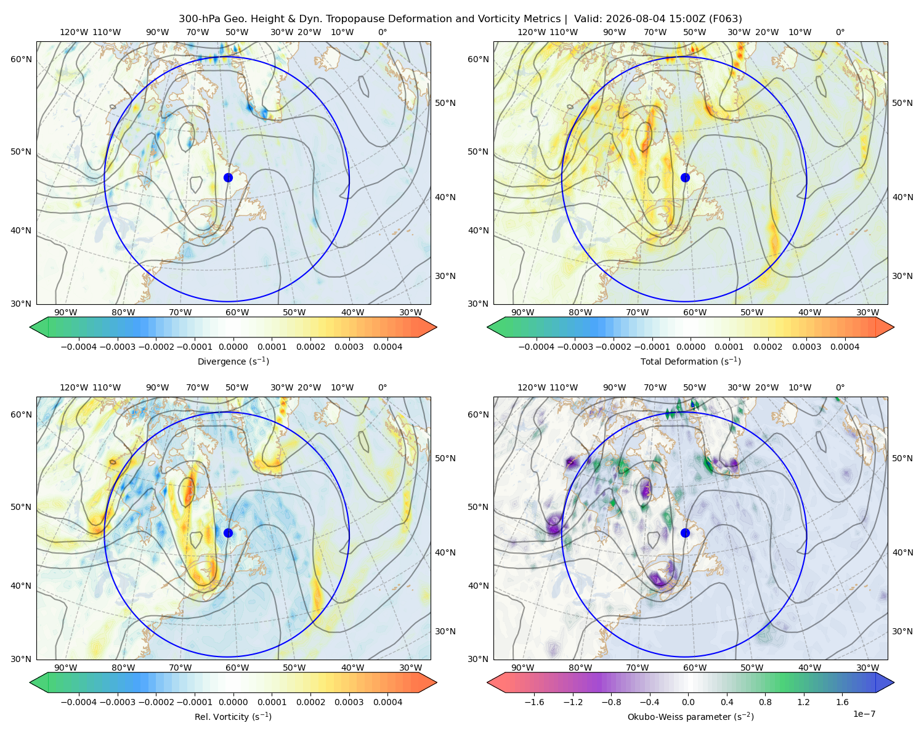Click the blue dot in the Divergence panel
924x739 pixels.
(x=228, y=177)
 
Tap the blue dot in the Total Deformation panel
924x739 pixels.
(x=685, y=177)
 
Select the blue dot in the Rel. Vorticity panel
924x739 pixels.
(x=228, y=533)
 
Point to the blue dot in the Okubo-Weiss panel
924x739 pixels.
(x=685, y=533)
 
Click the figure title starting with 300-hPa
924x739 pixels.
(x=460, y=18)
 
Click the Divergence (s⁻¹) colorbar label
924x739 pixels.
(x=233, y=361)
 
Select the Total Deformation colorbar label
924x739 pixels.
(x=691, y=361)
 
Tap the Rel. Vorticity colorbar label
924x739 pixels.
(x=233, y=716)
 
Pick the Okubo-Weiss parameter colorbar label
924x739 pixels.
(x=691, y=716)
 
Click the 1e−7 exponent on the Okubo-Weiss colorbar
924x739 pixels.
(x=864, y=714)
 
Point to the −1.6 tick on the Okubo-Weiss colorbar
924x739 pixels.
(x=534, y=701)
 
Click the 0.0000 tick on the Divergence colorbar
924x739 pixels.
(x=233, y=347)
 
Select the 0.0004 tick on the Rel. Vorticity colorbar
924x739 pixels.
(x=387, y=701)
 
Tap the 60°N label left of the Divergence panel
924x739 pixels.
(x=21, y=59)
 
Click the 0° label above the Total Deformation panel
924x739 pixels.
(x=840, y=32)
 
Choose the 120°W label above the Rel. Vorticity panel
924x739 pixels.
(x=74, y=387)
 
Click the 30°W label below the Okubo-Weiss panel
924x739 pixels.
(x=867, y=668)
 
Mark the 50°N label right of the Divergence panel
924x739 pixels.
(x=445, y=103)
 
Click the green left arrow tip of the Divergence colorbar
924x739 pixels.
(x=30, y=327)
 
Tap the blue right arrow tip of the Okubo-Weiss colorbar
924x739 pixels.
(x=894, y=682)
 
